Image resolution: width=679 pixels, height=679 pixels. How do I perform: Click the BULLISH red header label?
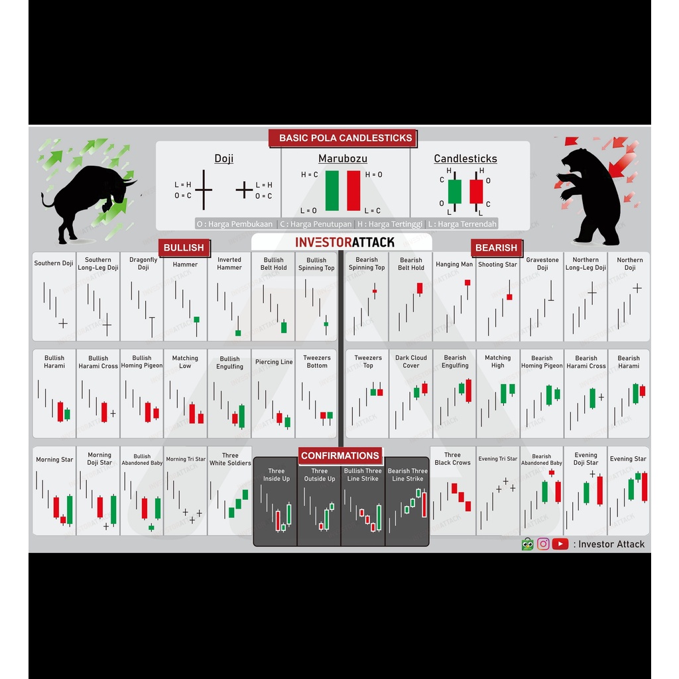[184, 247]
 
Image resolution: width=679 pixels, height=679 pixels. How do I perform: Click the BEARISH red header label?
[496, 247]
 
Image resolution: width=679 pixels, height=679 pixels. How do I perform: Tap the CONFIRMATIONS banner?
[340, 456]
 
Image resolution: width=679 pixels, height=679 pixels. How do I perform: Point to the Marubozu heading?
[343, 158]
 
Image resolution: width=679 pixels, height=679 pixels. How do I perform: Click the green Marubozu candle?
[332, 190]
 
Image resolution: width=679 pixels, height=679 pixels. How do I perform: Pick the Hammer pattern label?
[185, 265]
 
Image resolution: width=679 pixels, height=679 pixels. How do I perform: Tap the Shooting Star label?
[497, 265]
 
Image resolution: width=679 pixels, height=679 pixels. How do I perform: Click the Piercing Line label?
[274, 362]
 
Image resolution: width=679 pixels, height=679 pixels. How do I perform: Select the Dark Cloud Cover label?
[411, 362]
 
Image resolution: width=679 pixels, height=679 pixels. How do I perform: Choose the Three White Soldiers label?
[230, 460]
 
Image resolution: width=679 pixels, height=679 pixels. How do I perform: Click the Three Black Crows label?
[452, 459]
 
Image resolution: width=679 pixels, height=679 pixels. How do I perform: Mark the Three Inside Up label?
[277, 475]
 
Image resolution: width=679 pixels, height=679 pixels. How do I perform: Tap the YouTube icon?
[560, 544]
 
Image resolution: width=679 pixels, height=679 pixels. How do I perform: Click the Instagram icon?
[543, 544]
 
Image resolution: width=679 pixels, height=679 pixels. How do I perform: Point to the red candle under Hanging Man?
[467, 282]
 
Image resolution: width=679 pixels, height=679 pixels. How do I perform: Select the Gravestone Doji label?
[542, 264]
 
